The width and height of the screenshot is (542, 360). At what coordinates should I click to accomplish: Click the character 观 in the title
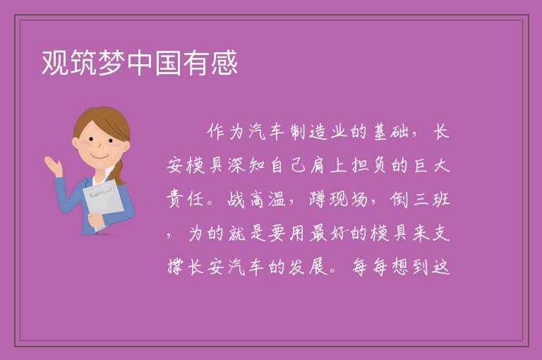56,62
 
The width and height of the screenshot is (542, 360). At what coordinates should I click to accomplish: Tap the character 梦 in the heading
112,62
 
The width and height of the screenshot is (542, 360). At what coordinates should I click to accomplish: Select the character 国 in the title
169,62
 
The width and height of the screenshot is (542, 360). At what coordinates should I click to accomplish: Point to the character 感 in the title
224,62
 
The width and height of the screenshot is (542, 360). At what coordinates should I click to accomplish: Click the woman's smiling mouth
100,157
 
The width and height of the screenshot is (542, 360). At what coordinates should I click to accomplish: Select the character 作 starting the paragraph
217,132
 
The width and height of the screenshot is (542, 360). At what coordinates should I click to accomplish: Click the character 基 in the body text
380,132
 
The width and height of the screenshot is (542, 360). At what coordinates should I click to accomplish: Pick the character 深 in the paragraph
236,165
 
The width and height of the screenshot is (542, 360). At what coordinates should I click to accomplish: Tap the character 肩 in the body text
318,165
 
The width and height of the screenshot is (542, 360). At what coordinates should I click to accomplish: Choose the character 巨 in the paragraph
421,165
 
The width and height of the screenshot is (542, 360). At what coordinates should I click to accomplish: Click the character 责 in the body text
175,199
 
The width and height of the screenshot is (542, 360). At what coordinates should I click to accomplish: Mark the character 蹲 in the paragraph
318,199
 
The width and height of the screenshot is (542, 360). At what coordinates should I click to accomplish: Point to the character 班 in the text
440,199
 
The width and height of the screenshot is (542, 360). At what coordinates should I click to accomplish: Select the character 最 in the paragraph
318,233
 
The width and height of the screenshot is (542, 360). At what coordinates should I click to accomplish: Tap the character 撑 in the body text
175,267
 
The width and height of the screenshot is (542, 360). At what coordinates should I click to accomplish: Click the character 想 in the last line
400,267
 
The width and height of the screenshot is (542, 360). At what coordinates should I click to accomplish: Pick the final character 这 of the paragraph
440,267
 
